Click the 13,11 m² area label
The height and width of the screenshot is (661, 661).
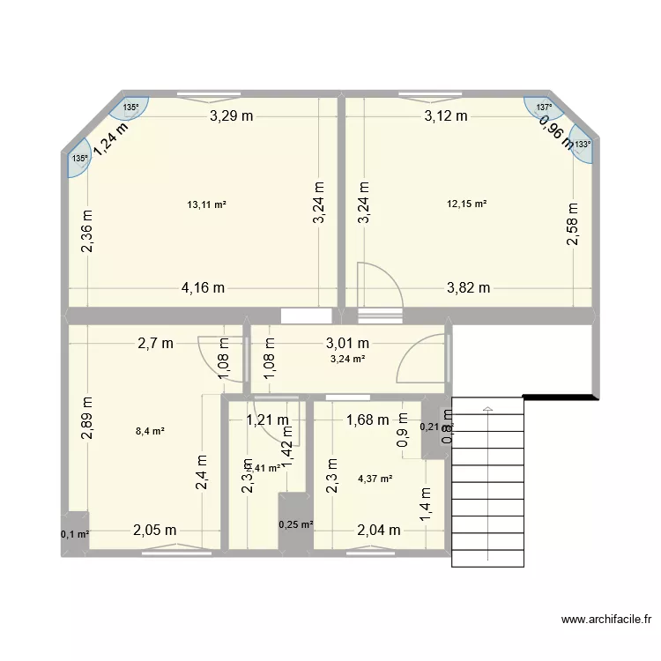[x=207, y=204]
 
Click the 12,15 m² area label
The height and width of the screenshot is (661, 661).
[x=467, y=204]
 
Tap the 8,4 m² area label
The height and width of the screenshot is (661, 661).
[x=150, y=431]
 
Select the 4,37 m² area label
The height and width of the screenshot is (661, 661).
[x=375, y=479]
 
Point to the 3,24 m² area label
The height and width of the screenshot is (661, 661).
[x=348, y=359]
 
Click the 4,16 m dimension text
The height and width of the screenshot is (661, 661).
[x=204, y=287]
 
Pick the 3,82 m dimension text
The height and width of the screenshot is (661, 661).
[x=468, y=287]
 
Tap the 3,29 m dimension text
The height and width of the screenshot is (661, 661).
[x=231, y=115]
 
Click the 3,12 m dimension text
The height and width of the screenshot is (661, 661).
[x=446, y=115]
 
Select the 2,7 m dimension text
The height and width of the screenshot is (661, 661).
[x=155, y=344]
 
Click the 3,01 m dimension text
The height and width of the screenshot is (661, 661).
[x=347, y=344]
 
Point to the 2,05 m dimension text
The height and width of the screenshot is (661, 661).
[x=155, y=530]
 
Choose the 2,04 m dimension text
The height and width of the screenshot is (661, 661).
[x=379, y=530]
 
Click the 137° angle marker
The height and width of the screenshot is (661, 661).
[x=545, y=108]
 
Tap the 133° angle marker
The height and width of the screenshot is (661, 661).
[x=583, y=145]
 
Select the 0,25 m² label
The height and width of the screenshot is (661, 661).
[x=296, y=524]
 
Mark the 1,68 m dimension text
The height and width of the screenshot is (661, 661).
[x=367, y=420]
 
